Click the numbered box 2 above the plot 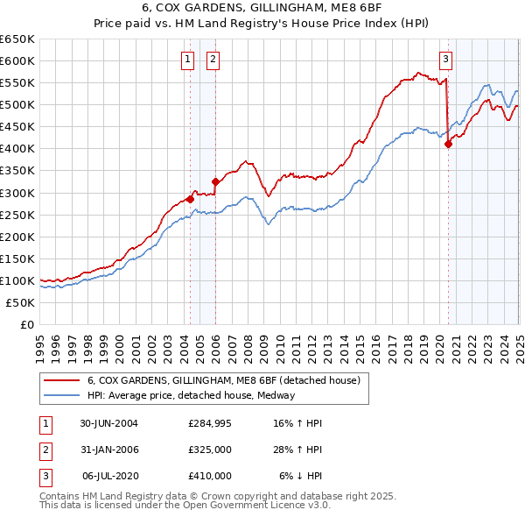(x=213, y=60)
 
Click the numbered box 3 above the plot (x=445, y=60)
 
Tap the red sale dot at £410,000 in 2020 (x=448, y=145)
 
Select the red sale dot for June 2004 (x=190, y=199)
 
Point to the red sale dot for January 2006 (x=215, y=181)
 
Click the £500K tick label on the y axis (x=17, y=104)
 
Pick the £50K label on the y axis (x=21, y=302)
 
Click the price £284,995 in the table (x=210, y=422)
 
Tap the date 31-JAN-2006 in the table (x=108, y=449)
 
